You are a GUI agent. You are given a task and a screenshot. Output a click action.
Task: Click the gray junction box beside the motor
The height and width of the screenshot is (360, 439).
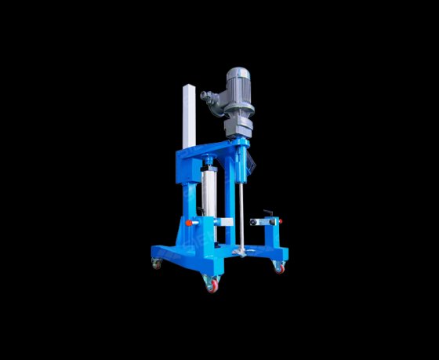coord(210,100)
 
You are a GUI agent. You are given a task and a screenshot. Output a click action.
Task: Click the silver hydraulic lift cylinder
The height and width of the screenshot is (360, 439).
coord(209,193)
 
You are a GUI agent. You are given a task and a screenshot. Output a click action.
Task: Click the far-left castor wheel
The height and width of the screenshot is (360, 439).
coord(156,264)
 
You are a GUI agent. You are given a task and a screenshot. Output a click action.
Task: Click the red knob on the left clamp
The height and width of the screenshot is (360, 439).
coord(189,223)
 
